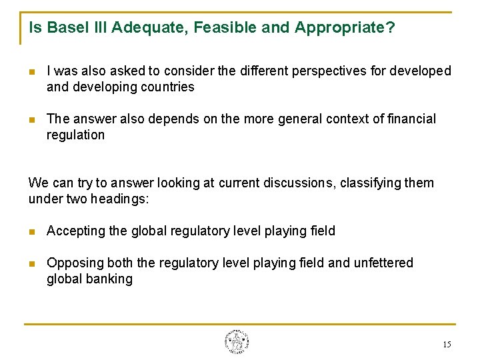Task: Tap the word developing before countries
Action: click(x=105, y=87)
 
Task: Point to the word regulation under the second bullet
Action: click(x=75, y=135)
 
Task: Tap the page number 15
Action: click(x=446, y=345)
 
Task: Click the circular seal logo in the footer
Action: click(x=237, y=342)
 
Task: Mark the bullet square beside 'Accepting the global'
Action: click(x=32, y=231)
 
